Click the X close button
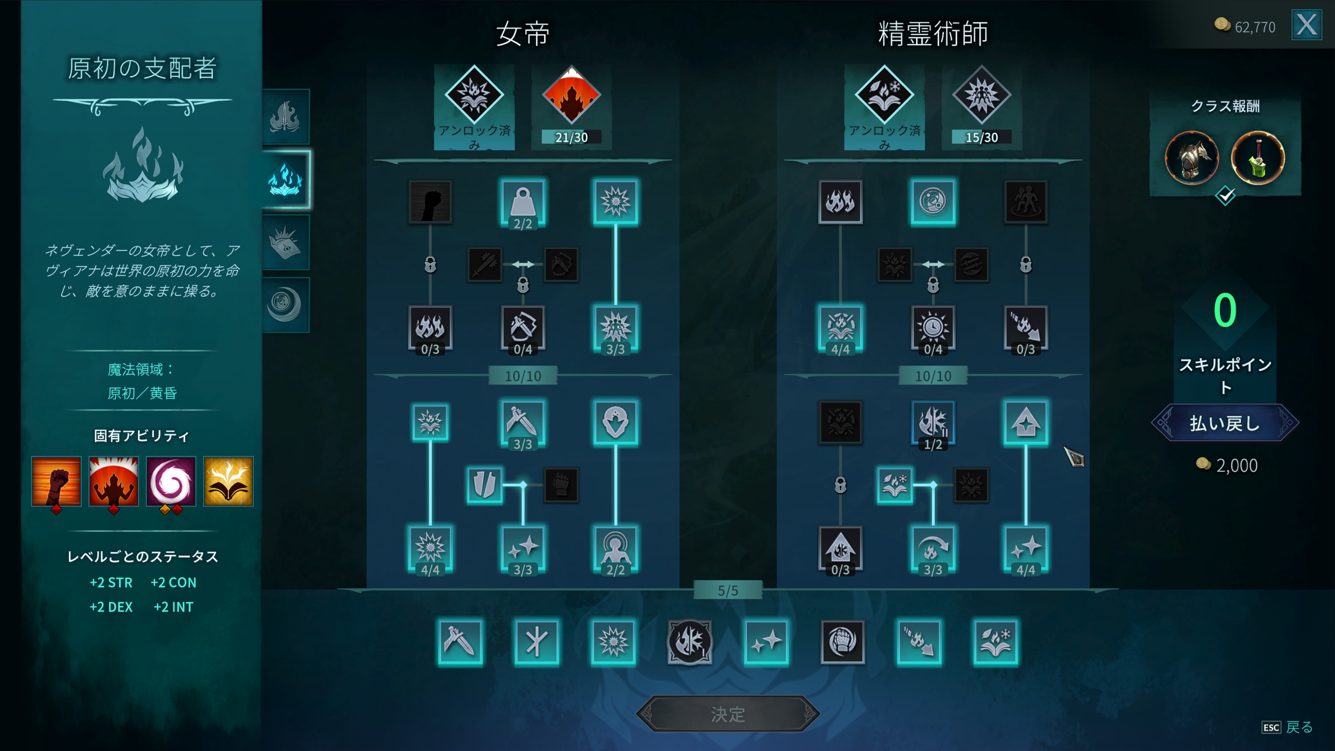click(x=1306, y=25)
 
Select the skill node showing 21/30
click(x=571, y=96)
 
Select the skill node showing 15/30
click(x=981, y=96)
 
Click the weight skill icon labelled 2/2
click(x=523, y=202)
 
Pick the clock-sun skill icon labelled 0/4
click(x=933, y=328)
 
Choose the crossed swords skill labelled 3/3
click(x=523, y=422)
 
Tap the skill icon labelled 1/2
click(x=933, y=422)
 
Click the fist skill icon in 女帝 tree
click(x=430, y=202)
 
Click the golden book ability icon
click(x=228, y=481)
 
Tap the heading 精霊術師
click(x=933, y=34)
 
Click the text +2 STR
click(x=111, y=583)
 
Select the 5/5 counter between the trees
click(x=728, y=590)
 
